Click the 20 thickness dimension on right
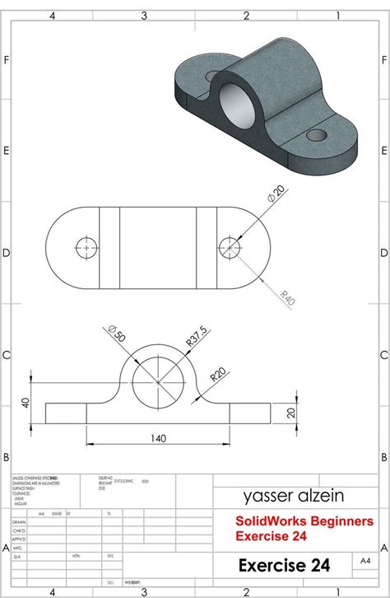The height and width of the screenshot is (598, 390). coord(290,413)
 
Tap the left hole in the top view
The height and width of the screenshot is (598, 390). coord(86,245)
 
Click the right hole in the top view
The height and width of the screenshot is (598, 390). coord(229,245)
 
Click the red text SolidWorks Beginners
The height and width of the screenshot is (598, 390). coord(293,521)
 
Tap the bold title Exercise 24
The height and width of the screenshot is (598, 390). coord(284,565)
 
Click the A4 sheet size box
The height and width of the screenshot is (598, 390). coord(364,561)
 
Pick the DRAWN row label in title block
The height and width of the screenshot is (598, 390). coord(19,521)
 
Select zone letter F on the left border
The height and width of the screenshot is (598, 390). coord(6,60)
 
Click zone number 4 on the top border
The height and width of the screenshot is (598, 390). coord(53,15)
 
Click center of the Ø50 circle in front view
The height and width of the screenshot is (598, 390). coord(157,381)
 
